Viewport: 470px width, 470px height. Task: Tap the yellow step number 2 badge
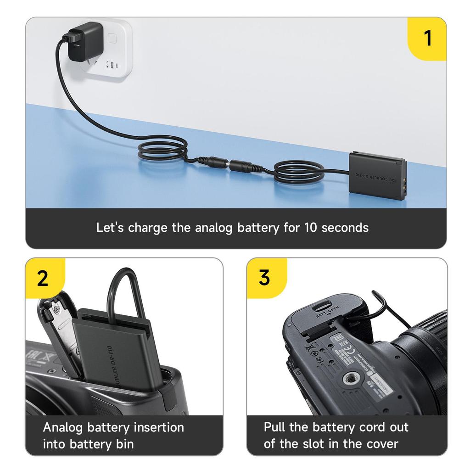(x=43, y=278)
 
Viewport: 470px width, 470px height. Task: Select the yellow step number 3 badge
(x=264, y=278)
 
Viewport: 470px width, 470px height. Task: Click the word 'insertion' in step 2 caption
(x=158, y=427)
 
